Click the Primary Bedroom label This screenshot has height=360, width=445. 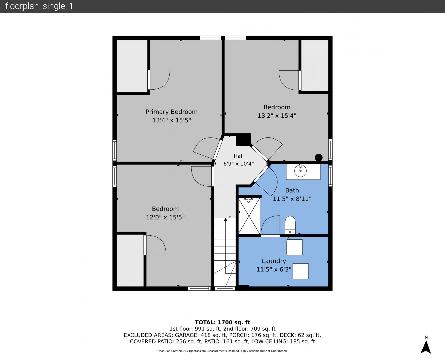pos(172,112)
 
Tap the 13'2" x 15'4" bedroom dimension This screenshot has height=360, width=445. pos(277,116)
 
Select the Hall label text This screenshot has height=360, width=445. pos(239,156)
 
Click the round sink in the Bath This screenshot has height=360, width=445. pos(300,171)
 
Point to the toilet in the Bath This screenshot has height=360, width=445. pos(290,225)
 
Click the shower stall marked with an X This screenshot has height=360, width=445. pos(249,216)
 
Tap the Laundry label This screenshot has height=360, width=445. pos(274,261)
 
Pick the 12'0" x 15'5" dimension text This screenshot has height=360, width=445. pos(165,217)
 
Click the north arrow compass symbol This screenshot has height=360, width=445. pos(426,347)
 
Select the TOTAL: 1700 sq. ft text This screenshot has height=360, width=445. pos(222,322)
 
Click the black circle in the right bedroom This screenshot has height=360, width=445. pos(319,158)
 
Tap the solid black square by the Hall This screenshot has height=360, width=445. pos(243,140)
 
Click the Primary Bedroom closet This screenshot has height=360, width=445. pos(132,66)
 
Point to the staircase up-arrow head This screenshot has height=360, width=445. pos(225,219)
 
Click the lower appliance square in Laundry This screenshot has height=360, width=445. pos(300,271)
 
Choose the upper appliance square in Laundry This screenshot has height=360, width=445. pos(295,247)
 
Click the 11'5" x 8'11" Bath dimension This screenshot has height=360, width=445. pos(292,199)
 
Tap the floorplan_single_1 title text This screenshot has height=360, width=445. pos(39,6)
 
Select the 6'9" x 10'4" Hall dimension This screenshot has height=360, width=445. pos(239,164)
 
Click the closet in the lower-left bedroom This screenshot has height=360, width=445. pos(130,261)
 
